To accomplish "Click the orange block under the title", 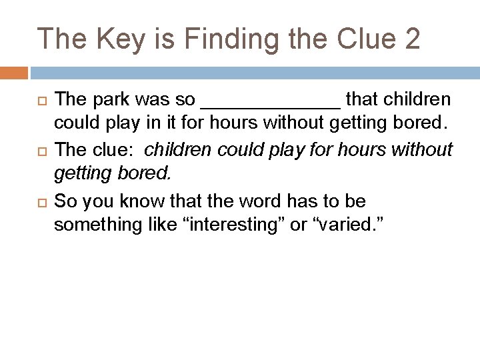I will click(14, 72).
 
